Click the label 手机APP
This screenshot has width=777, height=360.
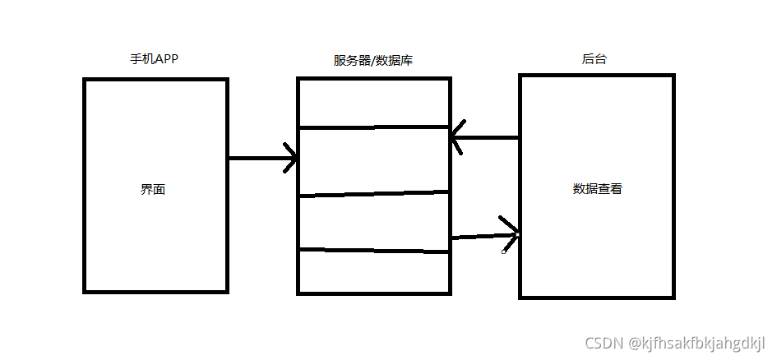pos(154,60)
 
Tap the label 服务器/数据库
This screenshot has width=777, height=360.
pos(372,61)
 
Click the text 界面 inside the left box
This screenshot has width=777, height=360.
pos(153,189)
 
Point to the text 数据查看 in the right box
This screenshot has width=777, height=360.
pos(597,188)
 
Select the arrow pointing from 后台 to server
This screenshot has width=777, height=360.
pos(485,138)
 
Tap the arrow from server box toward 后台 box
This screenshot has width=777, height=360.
pos(485,235)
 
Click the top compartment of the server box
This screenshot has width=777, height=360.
pos(373,104)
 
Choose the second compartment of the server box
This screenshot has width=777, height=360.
pos(373,161)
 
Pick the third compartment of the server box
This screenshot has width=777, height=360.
pos(373,222)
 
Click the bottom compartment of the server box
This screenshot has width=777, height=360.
pos(373,271)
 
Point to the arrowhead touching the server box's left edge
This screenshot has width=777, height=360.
pos(290,158)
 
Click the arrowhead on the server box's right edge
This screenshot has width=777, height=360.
pos(457,138)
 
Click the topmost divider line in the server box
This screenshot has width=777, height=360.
pos(373,127)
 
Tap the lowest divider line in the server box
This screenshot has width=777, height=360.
pos(373,250)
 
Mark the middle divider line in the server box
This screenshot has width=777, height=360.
pos(373,194)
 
